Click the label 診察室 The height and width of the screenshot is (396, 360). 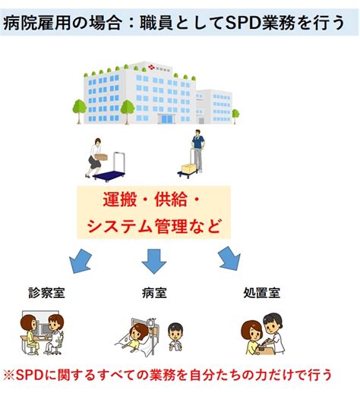tap(46, 293)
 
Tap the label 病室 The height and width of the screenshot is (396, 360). tap(154, 293)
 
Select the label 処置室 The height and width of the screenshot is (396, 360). tap(262, 293)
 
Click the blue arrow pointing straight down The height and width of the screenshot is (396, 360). tap(154, 261)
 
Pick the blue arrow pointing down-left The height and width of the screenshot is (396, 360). tap(81, 261)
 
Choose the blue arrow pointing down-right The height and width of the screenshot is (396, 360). tap(229, 259)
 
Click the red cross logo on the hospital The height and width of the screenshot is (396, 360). tap(151, 67)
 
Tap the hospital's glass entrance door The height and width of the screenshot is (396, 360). tap(166, 118)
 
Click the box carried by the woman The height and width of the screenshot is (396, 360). tap(101, 157)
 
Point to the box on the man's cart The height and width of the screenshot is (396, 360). tap(188, 168)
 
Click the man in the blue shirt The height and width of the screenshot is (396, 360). tap(198, 151)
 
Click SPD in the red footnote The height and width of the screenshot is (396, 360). tap(30, 375)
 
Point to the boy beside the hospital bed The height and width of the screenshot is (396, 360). tap(175, 336)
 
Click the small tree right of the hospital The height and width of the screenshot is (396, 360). tap(235, 116)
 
